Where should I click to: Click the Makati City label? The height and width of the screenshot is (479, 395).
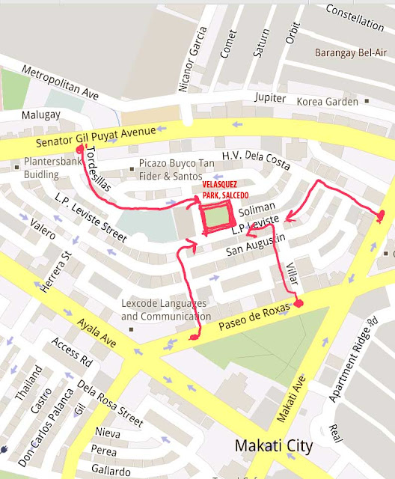tap(273, 446)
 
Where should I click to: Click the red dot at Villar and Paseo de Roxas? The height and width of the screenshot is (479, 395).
tap(298, 304)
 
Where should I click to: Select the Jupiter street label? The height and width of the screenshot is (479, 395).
tap(269, 98)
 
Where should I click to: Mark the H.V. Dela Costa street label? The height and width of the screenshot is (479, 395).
tap(250, 158)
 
